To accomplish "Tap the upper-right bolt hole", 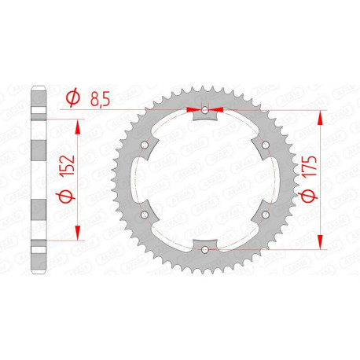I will pos(265,145).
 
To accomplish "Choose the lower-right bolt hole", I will pos(265,215).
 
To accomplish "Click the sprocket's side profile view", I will pos(38,179).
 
